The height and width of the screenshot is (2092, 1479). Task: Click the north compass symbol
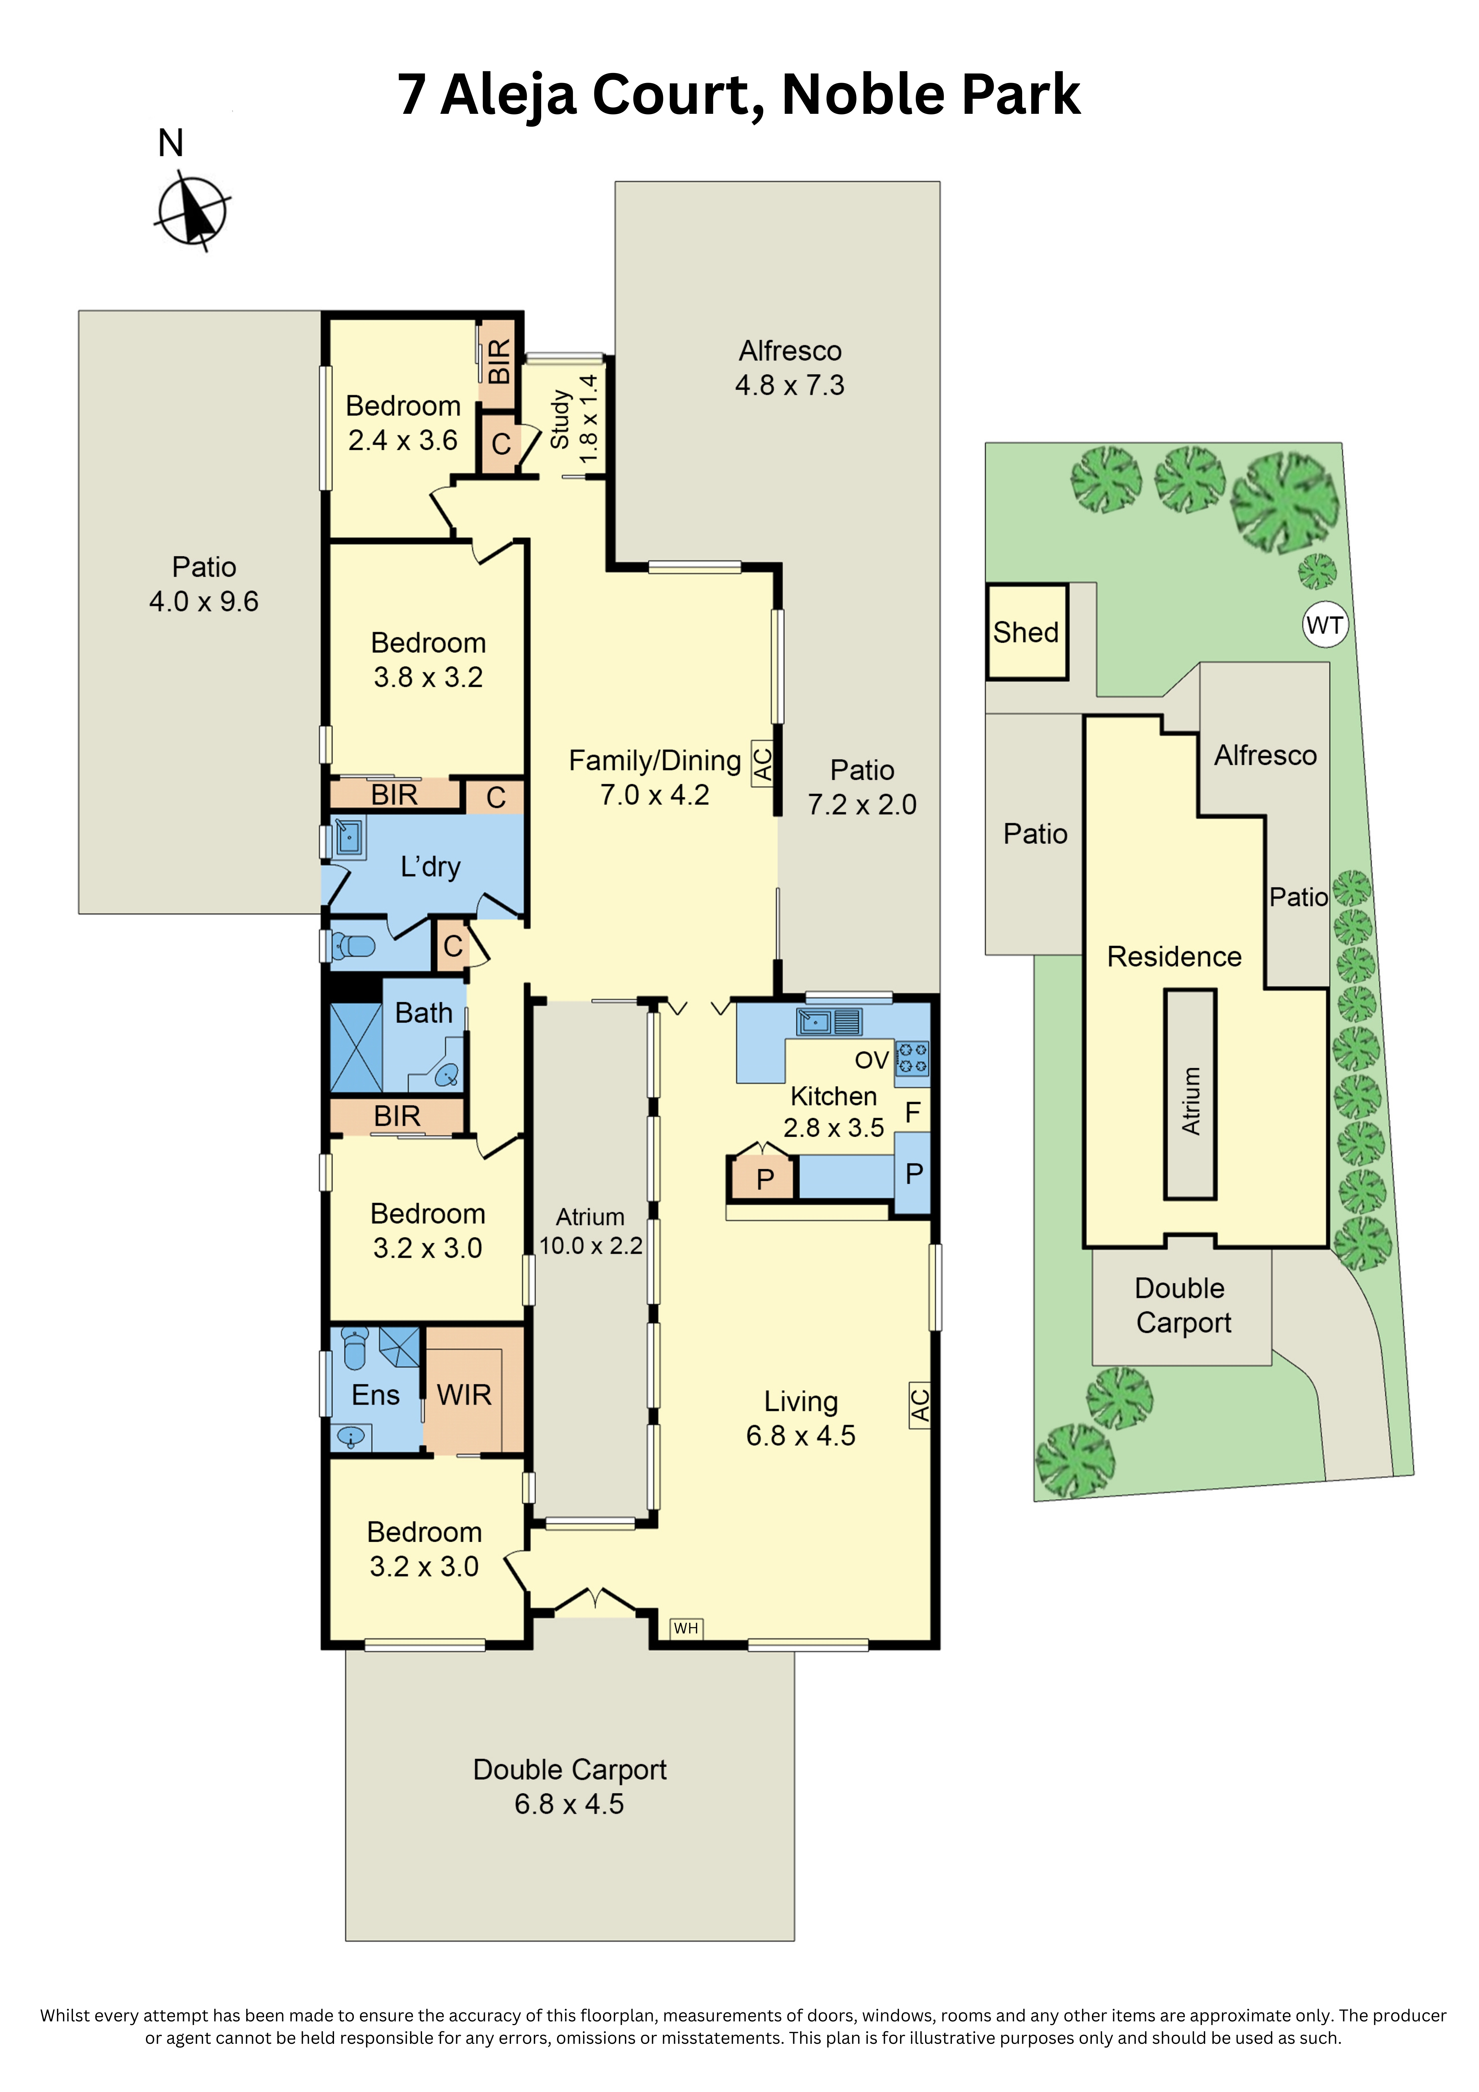191,212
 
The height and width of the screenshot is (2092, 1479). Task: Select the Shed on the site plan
1026,632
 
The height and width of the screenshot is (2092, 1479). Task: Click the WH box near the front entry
686,1628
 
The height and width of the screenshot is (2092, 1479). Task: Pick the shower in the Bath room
355,1048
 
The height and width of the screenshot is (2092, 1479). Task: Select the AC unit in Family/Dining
763,763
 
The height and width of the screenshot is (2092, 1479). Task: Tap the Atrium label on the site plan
1190,1101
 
